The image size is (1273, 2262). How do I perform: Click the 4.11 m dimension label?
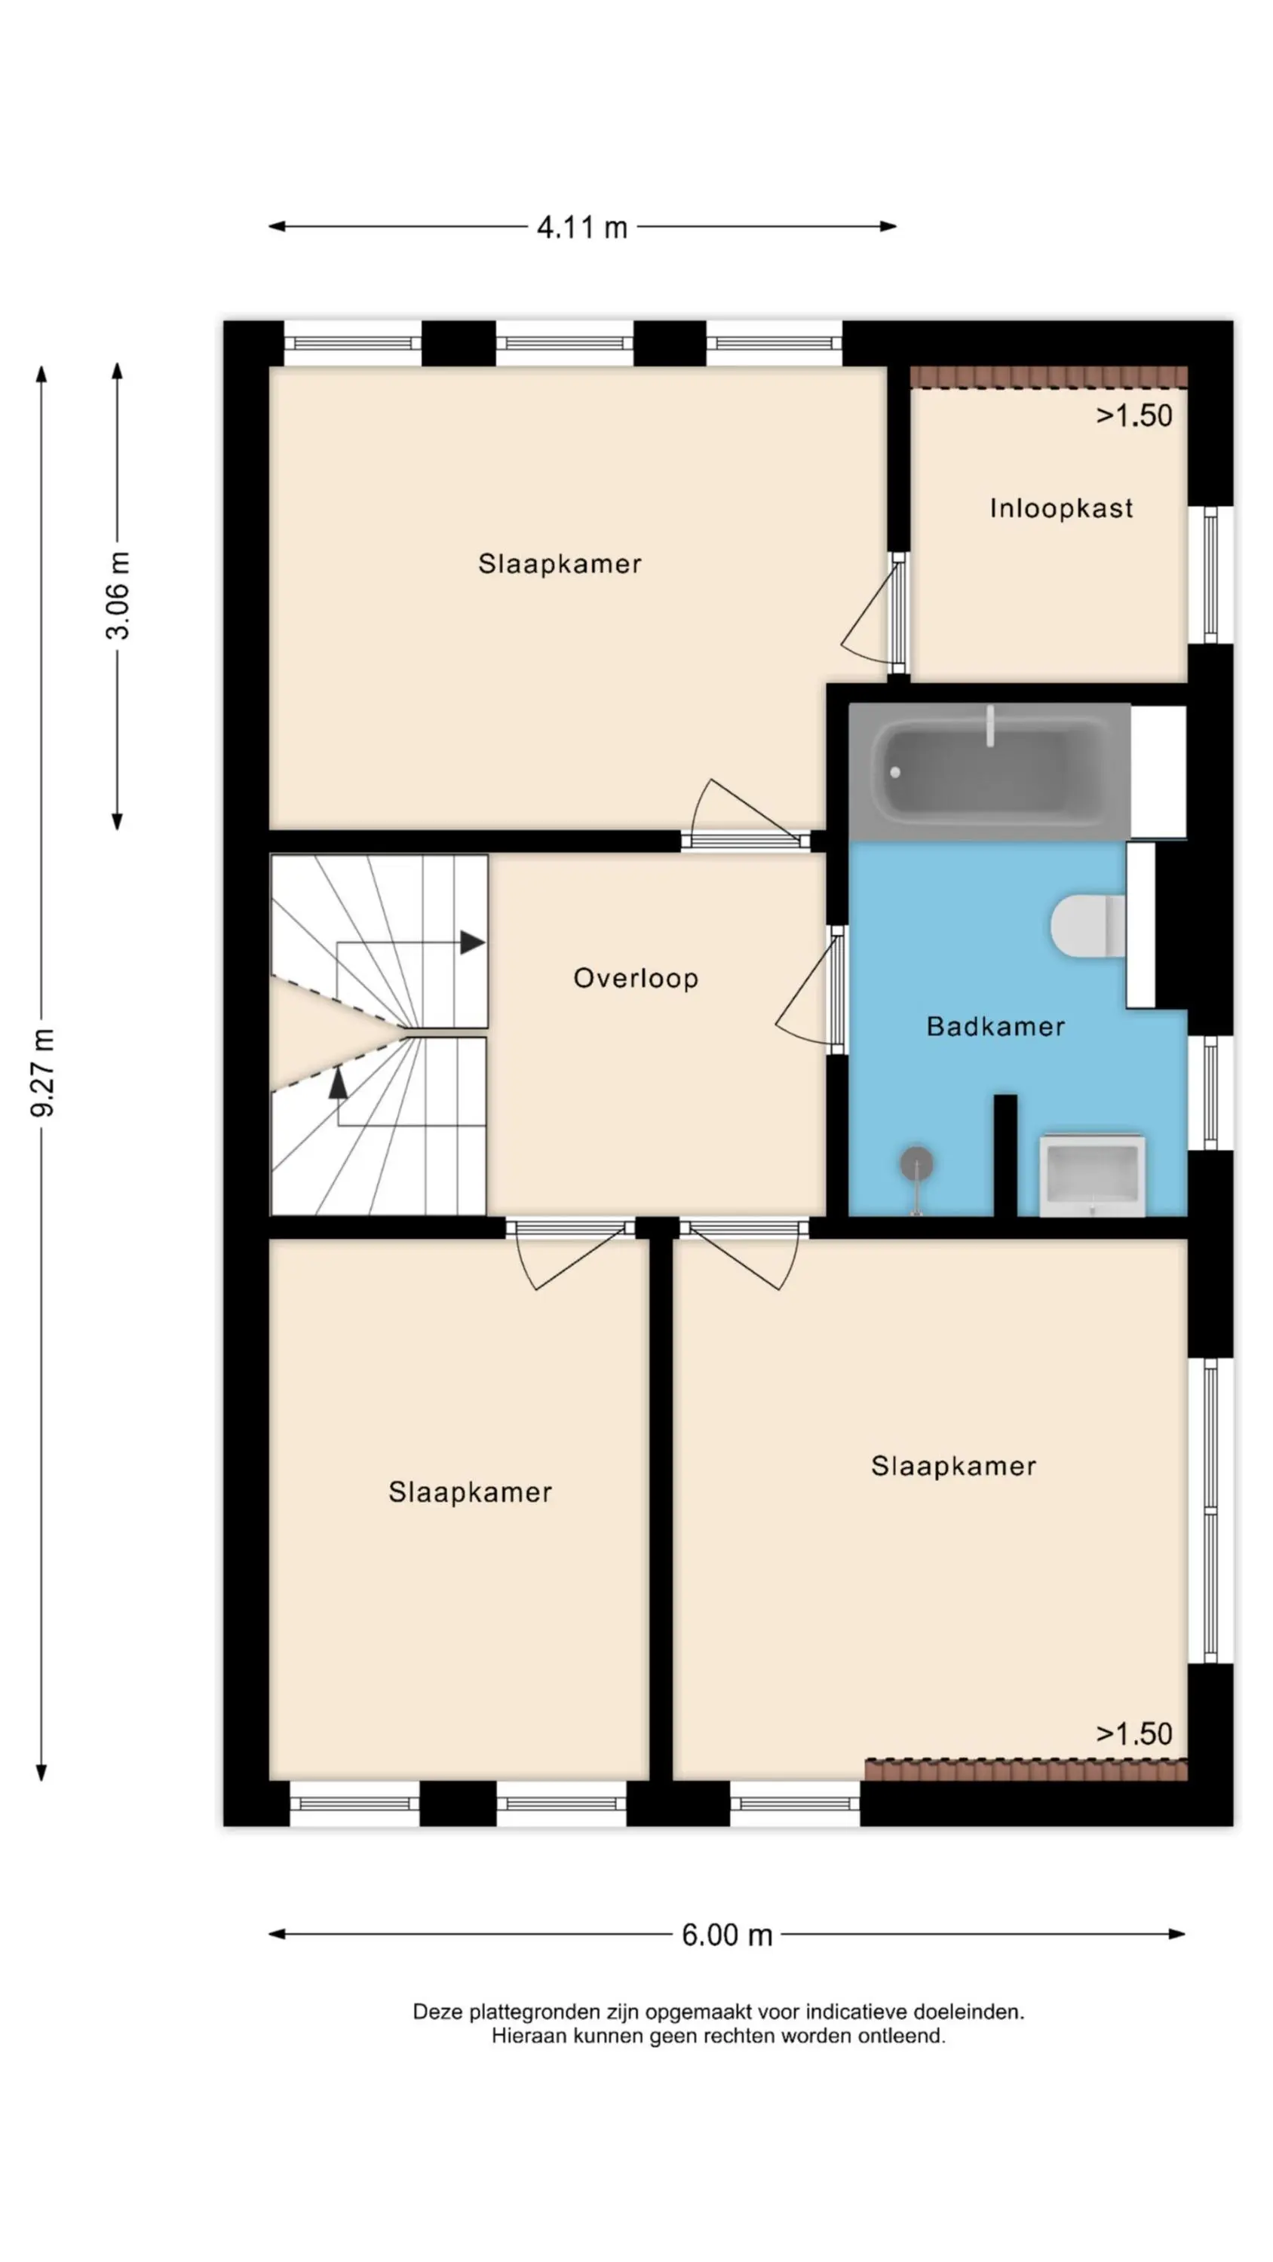point(581,228)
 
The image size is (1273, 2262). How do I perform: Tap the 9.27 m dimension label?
point(43,1072)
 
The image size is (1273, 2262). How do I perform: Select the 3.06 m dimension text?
point(118,596)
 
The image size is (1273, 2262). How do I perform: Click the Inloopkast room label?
point(1060,507)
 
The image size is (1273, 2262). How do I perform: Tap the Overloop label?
point(635,977)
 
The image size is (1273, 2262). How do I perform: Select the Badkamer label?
point(995,1025)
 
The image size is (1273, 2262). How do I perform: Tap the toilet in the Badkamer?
point(1087,925)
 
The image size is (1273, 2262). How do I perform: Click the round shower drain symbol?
point(916,1163)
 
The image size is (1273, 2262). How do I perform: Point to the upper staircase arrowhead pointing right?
point(472,942)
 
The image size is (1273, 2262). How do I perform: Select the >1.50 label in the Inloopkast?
point(1133,415)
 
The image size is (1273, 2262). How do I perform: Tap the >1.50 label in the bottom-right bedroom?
point(1133,1733)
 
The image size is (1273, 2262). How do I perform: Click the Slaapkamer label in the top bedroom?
point(560,564)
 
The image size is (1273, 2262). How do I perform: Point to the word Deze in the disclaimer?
point(437,2012)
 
